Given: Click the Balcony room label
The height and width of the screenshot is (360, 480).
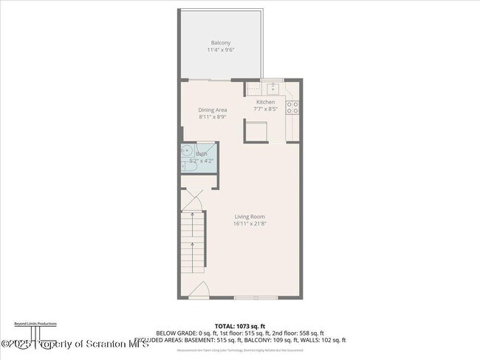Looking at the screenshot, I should tap(220, 43).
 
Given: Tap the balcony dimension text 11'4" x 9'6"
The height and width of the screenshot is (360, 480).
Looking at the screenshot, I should tap(220, 50).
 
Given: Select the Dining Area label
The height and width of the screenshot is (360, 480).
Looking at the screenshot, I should tap(212, 109).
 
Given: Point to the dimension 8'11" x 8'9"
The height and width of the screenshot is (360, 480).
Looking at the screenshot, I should tap(212, 117).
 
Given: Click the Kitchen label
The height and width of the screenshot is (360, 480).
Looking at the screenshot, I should tap(265, 102).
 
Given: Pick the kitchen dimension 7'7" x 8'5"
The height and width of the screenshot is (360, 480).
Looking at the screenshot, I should tap(265, 109).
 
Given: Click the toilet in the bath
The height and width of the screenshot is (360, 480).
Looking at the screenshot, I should tap(188, 167).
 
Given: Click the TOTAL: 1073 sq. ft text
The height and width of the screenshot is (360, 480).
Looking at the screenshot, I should tap(239, 326).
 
